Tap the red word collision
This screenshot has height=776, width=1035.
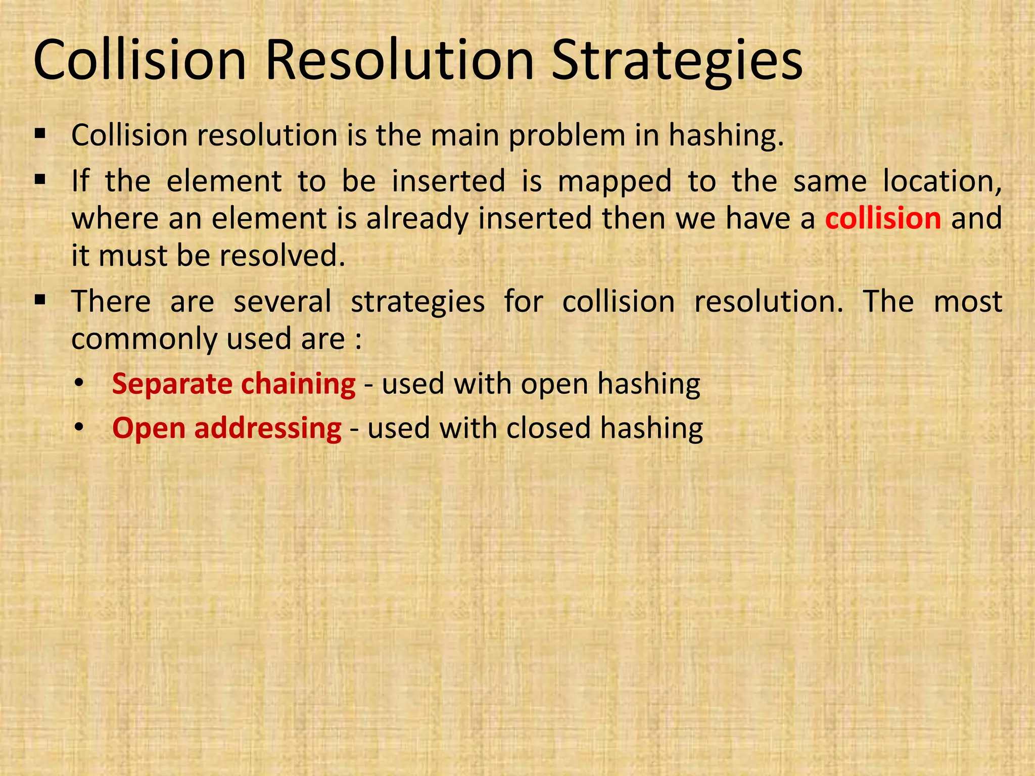pos(883,218)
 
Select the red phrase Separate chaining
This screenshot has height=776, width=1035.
pos(233,383)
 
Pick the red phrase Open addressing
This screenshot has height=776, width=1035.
pos(227,428)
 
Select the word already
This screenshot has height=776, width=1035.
pos(417,218)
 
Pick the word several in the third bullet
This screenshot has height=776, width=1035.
pos(282,302)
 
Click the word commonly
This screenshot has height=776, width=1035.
pos(144,338)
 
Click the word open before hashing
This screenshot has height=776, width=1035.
pos(554,383)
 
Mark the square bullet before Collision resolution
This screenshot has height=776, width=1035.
pos(40,134)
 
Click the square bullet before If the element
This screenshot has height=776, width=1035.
pos(40,179)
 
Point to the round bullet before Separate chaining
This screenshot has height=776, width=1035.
pos(78,383)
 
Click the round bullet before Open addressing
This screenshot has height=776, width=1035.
pos(78,428)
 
